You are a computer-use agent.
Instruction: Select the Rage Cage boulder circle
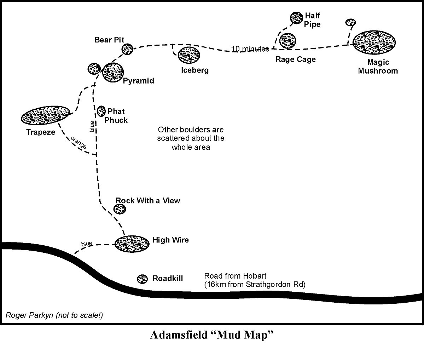click(287, 41)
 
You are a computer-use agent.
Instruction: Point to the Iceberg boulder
click(189, 55)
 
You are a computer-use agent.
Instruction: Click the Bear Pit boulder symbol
click(127, 50)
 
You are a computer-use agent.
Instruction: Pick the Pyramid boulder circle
click(112, 72)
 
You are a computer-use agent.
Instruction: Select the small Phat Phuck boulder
click(101, 111)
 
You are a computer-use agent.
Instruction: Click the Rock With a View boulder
click(120, 209)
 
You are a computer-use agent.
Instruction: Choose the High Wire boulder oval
click(132, 244)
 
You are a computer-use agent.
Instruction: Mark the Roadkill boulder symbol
click(142, 279)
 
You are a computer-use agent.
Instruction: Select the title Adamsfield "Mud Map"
click(213, 335)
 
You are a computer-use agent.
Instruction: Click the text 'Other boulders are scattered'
click(191, 134)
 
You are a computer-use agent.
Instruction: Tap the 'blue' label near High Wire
click(87, 244)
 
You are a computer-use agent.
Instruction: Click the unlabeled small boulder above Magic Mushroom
click(350, 22)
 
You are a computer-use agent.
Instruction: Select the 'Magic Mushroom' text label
click(378, 67)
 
